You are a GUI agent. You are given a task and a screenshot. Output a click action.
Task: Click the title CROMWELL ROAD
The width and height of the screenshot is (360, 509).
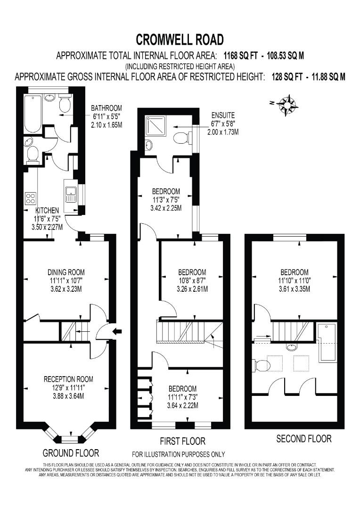pos(180,39)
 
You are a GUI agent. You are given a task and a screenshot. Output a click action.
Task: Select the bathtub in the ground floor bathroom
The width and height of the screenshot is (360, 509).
pos(33,113)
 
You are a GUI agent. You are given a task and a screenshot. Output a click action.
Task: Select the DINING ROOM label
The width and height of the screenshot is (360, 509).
pos(66,272)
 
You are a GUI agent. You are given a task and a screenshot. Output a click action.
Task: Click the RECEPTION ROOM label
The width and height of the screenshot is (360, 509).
pos(68,379)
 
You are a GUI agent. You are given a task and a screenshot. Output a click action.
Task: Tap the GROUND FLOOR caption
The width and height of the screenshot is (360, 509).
pos(71,453)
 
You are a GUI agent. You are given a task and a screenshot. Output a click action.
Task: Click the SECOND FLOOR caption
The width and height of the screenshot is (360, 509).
pos(303,439)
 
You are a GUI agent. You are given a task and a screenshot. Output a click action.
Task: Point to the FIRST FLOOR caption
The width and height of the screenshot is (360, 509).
pos(183,442)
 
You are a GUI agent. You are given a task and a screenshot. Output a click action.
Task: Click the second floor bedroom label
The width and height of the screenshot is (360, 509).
pos(295,272)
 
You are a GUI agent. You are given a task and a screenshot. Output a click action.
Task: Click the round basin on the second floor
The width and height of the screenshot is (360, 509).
pos(293,347)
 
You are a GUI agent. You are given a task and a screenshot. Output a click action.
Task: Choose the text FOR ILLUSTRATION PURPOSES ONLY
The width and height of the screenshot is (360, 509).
pos(178,454)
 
